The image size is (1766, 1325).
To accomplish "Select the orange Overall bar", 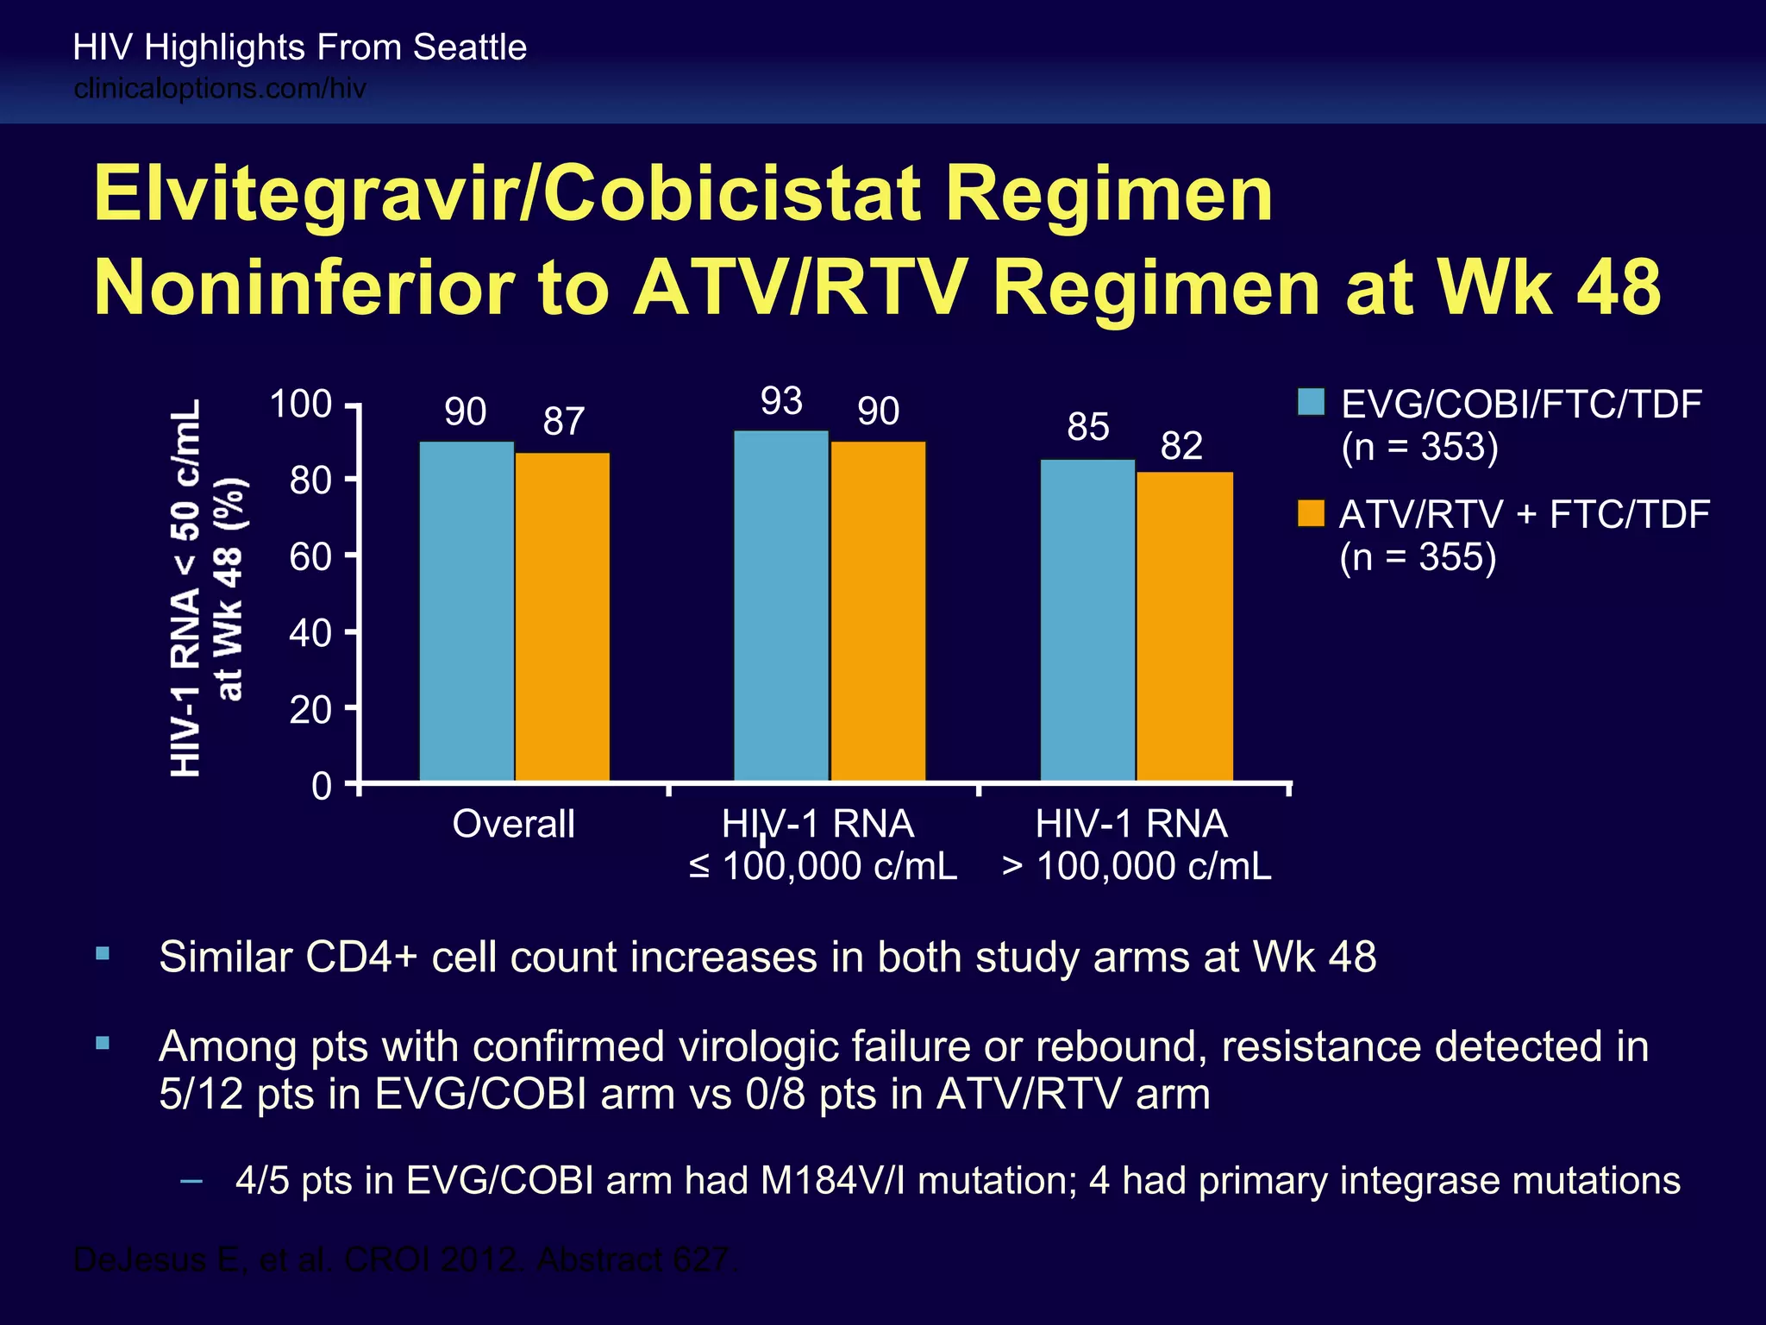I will tap(562, 616).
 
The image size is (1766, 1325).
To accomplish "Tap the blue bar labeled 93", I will tap(781, 606).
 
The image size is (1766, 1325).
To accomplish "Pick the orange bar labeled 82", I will tap(1184, 626).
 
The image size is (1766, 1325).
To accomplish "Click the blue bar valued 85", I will tap(1087, 620).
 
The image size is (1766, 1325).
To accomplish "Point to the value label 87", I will tap(563, 422).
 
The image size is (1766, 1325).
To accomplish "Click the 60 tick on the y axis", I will tap(310, 556).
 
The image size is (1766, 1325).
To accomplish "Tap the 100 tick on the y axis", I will tap(301, 404).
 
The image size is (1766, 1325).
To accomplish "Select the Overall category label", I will tap(513, 824).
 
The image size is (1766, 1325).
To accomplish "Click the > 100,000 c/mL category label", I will tap(1137, 866).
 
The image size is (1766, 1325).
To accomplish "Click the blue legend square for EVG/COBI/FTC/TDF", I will tap(1311, 402).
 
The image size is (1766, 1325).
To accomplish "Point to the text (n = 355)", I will tap(1418, 557).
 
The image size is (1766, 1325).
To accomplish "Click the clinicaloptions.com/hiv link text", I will tap(220, 88).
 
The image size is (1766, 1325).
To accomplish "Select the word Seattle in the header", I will tap(469, 47).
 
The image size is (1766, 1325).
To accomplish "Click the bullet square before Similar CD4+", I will tap(103, 953).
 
